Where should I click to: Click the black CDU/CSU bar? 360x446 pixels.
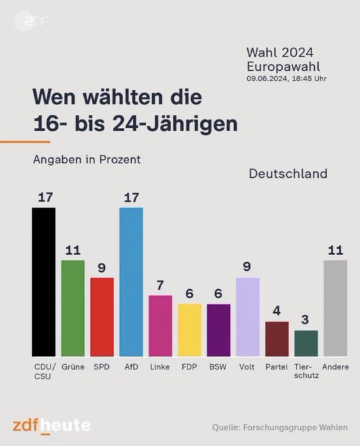coord(44,282)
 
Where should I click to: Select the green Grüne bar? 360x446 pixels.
coord(73,308)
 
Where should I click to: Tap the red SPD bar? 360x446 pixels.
coord(102,317)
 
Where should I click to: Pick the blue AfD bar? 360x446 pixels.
coord(131,282)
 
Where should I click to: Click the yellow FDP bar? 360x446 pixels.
coord(190,330)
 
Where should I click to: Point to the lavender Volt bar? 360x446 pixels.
coord(248,317)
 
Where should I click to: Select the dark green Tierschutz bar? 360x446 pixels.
coord(306,343)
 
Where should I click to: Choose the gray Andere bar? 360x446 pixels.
coord(335,308)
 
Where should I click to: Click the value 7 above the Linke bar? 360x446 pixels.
coord(160,285)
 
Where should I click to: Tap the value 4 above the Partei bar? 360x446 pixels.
coord(277,311)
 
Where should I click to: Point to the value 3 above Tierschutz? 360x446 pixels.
coord(305,319)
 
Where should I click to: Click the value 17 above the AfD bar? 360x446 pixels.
coord(131,197)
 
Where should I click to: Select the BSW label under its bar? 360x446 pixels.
coord(218,367)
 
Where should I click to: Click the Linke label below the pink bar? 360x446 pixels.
coord(160,367)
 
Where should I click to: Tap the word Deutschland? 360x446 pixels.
coord(288,174)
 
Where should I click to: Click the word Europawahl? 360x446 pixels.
coord(283,66)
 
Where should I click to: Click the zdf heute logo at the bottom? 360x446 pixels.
coord(51,426)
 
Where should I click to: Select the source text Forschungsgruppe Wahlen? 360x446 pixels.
coord(295,427)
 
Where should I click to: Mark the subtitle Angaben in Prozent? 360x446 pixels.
coord(87,159)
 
